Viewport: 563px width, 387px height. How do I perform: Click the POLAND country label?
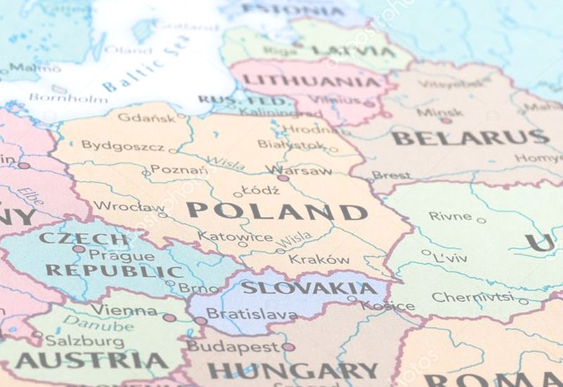point(277,211)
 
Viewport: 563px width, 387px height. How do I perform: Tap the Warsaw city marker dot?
point(283,178)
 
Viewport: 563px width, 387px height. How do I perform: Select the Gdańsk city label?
point(146,118)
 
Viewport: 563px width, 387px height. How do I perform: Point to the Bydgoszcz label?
point(122,146)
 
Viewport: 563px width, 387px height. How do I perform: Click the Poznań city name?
point(179,170)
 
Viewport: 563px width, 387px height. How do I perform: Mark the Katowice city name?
point(234,236)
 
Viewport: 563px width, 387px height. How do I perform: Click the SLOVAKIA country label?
point(309,288)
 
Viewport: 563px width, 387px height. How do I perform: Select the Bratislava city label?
point(241,314)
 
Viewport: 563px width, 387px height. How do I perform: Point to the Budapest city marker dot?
point(288,347)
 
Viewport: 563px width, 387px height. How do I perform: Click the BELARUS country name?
point(470,137)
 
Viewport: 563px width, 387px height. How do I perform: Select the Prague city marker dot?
point(79,248)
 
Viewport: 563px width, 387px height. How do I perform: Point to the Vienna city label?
point(123,310)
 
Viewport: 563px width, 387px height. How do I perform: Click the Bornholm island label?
point(68,99)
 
